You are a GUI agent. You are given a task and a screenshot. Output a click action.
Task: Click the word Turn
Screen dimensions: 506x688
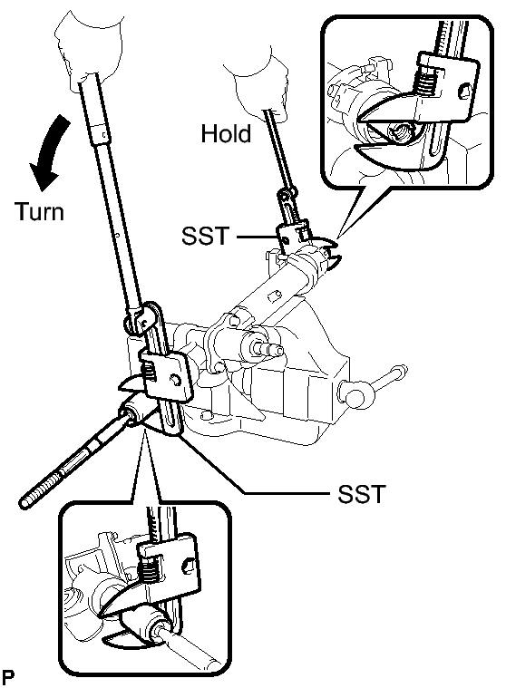point(40,211)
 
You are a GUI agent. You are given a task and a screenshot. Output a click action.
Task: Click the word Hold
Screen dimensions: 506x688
point(226,133)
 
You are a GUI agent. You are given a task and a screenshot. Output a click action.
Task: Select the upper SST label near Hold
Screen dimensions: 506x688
point(205,236)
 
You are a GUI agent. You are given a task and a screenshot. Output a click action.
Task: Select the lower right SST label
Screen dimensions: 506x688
point(361,494)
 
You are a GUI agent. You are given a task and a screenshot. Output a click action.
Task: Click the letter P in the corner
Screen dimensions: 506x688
point(7,678)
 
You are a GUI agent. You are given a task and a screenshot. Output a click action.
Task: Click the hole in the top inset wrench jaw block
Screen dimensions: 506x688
point(465,92)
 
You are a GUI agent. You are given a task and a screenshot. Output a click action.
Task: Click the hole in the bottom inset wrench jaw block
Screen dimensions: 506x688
point(189,565)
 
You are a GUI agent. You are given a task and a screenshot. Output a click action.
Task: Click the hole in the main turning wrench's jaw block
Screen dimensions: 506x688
point(176,380)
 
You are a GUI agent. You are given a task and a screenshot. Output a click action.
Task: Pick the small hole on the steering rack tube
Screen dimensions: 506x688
point(274,296)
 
